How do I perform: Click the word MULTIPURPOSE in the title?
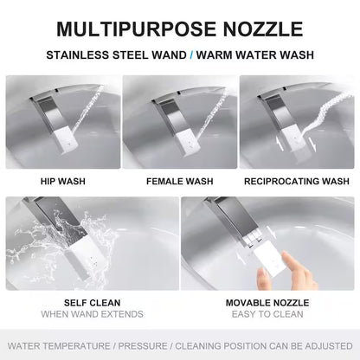[x=136, y=29]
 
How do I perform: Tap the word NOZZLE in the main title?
[x=263, y=29]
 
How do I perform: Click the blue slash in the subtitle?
[x=191, y=55]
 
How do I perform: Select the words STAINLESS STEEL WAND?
[x=116, y=55]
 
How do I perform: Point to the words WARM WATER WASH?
[x=255, y=55]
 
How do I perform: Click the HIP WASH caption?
[x=63, y=181]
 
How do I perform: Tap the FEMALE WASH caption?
[x=180, y=181]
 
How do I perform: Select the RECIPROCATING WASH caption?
[x=297, y=181]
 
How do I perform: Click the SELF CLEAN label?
[x=93, y=303]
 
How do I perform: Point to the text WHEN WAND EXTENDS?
[x=93, y=314]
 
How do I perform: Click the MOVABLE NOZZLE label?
[x=267, y=303]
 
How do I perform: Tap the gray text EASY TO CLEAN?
[x=267, y=314]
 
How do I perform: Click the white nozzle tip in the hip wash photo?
[x=67, y=140]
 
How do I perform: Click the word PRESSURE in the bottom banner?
[x=143, y=346]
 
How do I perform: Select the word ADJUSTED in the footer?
[x=329, y=346]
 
